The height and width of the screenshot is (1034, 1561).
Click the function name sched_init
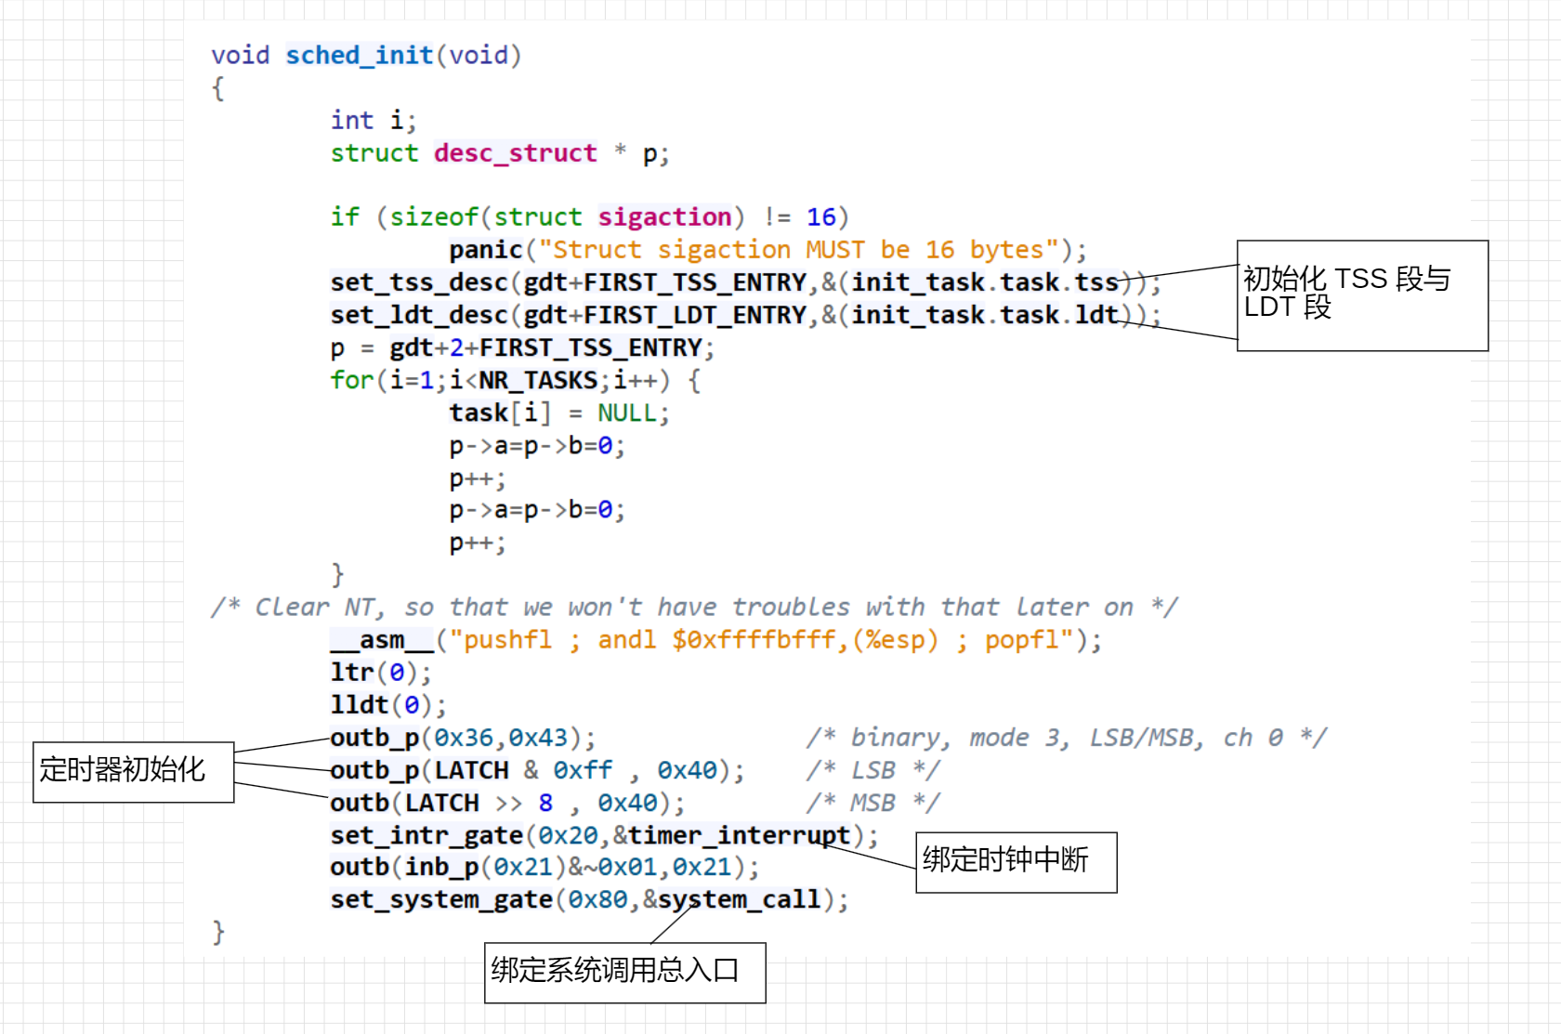(360, 55)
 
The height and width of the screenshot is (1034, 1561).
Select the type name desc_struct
(515, 152)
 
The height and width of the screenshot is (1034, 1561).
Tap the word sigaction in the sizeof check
(665, 217)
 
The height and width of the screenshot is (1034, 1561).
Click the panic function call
(486, 249)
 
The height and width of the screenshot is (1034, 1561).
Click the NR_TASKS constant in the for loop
(538, 381)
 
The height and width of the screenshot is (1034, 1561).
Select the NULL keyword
(627, 413)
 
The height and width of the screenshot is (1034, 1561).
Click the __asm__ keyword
(382, 639)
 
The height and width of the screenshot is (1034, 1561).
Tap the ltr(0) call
(381, 673)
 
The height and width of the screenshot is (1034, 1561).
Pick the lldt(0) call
(388, 705)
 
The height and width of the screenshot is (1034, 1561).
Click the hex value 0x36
(464, 738)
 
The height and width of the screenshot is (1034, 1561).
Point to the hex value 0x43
(538, 738)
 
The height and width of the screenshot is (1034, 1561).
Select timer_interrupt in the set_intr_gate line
(740, 835)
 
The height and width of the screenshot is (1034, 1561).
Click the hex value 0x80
(597, 900)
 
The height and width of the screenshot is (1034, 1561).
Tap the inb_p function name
(442, 868)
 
